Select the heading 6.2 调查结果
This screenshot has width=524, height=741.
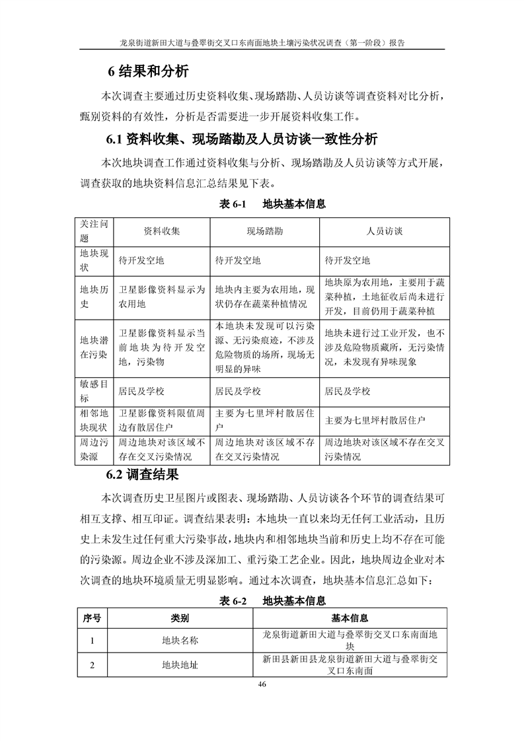[142, 475]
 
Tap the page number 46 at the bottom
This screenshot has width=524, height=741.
[262, 684]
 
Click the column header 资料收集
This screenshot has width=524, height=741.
[162, 232]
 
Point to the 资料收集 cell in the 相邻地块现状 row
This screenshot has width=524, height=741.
[162, 420]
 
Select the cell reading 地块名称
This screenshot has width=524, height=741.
[180, 640]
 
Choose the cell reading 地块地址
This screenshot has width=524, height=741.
[180, 665]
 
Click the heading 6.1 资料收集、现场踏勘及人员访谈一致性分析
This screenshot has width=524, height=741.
[242, 139]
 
